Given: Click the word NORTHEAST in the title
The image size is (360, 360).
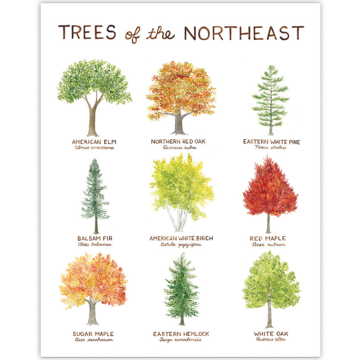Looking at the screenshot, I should click(244, 33).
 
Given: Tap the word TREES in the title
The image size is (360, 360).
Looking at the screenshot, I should click(87, 33).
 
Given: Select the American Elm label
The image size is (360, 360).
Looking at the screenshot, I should click(94, 142).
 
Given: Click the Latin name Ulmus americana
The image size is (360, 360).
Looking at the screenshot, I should click(95, 148).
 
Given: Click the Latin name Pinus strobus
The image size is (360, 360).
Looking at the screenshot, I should click(270, 148).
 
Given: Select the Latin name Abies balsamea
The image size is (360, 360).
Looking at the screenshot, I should click(95, 244).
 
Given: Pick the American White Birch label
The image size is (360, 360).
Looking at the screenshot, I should click(181, 238).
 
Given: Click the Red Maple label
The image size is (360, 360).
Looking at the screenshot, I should click(267, 238).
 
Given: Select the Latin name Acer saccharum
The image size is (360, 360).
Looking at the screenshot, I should click(94, 340).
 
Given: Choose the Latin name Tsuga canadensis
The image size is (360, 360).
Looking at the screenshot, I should click(180, 340).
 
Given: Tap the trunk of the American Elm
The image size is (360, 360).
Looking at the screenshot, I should click(93, 120).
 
